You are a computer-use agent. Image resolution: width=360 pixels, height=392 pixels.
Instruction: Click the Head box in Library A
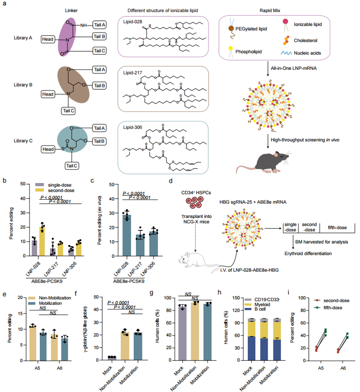pos(49,39)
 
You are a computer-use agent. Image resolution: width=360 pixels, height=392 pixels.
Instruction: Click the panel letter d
pos(171,181)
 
